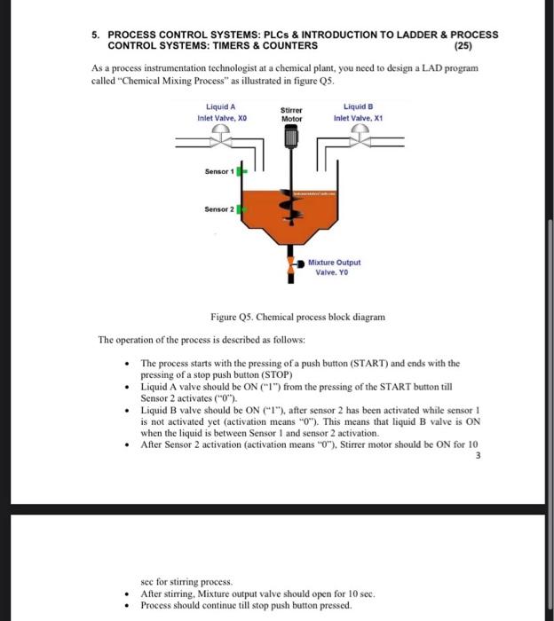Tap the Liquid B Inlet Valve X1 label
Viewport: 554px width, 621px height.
point(358,112)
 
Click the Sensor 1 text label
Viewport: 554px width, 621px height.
point(219,169)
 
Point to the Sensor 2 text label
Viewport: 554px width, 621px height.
point(219,210)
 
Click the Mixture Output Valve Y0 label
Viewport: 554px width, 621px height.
point(334,267)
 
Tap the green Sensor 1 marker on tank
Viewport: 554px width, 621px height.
point(240,169)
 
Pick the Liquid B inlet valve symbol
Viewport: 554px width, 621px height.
point(359,133)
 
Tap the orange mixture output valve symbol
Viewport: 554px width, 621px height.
point(292,264)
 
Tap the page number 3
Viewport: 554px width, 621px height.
point(478,456)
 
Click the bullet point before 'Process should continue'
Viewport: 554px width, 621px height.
point(129,605)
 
